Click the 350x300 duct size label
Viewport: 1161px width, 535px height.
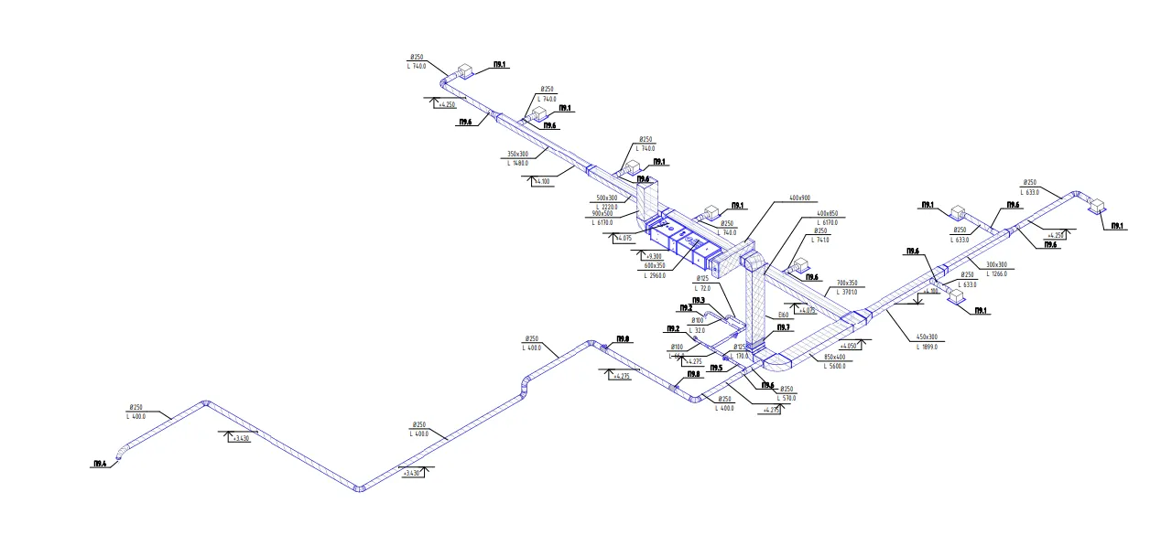pyautogui.click(x=517, y=154)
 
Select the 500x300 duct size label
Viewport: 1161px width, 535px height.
pyautogui.click(x=606, y=198)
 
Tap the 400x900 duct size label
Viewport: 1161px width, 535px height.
pyautogui.click(x=799, y=198)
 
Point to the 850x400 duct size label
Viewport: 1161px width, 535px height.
pyautogui.click(x=835, y=357)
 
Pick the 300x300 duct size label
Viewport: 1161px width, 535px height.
pyautogui.click(x=995, y=265)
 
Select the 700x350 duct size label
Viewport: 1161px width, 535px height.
pyautogui.click(x=847, y=284)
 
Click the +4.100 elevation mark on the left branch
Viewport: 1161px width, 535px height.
pyautogui.click(x=542, y=181)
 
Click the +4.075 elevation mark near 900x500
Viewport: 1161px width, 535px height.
pyautogui.click(x=624, y=239)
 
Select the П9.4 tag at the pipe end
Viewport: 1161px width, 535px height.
pyautogui.click(x=99, y=465)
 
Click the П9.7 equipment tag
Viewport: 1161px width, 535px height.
pyautogui.click(x=784, y=327)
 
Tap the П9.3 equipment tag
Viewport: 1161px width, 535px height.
pyautogui.click(x=698, y=300)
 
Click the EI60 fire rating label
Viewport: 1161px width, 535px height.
pyautogui.click(x=783, y=316)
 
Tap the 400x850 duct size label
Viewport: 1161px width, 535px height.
pyautogui.click(x=827, y=214)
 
